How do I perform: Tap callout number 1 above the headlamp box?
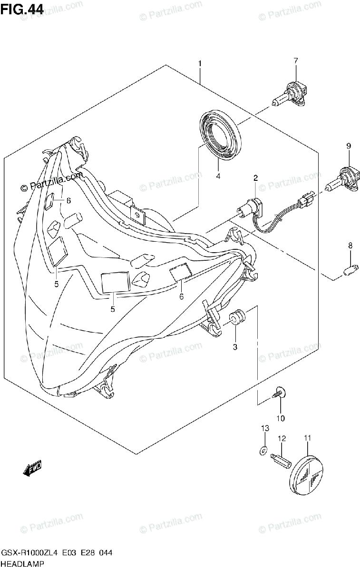point(200,63)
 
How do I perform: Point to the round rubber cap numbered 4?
point(220,133)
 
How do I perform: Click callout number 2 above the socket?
point(255,178)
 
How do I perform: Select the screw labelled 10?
point(279,393)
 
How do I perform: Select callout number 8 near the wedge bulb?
point(350,246)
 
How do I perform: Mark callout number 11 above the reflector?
point(307,438)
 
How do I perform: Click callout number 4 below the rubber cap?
point(218,177)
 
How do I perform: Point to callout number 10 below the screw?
point(280,418)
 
